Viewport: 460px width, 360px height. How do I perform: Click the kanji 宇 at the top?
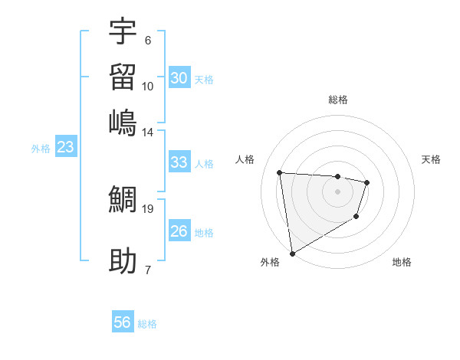click(123, 31)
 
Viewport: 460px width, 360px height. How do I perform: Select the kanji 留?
click(123, 77)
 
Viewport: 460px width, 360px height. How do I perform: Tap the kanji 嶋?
click(123, 122)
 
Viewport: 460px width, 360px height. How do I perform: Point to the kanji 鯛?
click(123, 200)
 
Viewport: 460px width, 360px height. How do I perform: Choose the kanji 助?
click(123, 261)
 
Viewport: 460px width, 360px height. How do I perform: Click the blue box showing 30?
click(179, 78)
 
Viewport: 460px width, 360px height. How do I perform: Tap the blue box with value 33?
click(179, 162)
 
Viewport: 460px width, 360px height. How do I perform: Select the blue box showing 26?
click(179, 231)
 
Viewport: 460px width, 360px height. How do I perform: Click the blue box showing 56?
click(123, 322)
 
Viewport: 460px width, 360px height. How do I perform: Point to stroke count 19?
click(147, 208)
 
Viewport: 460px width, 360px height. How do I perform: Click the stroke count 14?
click(147, 132)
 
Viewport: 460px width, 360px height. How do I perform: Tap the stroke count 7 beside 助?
click(147, 270)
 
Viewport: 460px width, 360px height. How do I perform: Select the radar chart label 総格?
click(338, 100)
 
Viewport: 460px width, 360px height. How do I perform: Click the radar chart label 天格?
click(431, 159)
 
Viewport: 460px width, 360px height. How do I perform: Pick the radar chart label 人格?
click(245, 159)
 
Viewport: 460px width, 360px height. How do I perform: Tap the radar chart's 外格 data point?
click(292, 254)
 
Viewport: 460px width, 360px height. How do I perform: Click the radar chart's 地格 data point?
click(356, 218)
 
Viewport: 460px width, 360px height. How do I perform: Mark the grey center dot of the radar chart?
click(338, 191)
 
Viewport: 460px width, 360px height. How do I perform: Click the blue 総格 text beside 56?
click(147, 324)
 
